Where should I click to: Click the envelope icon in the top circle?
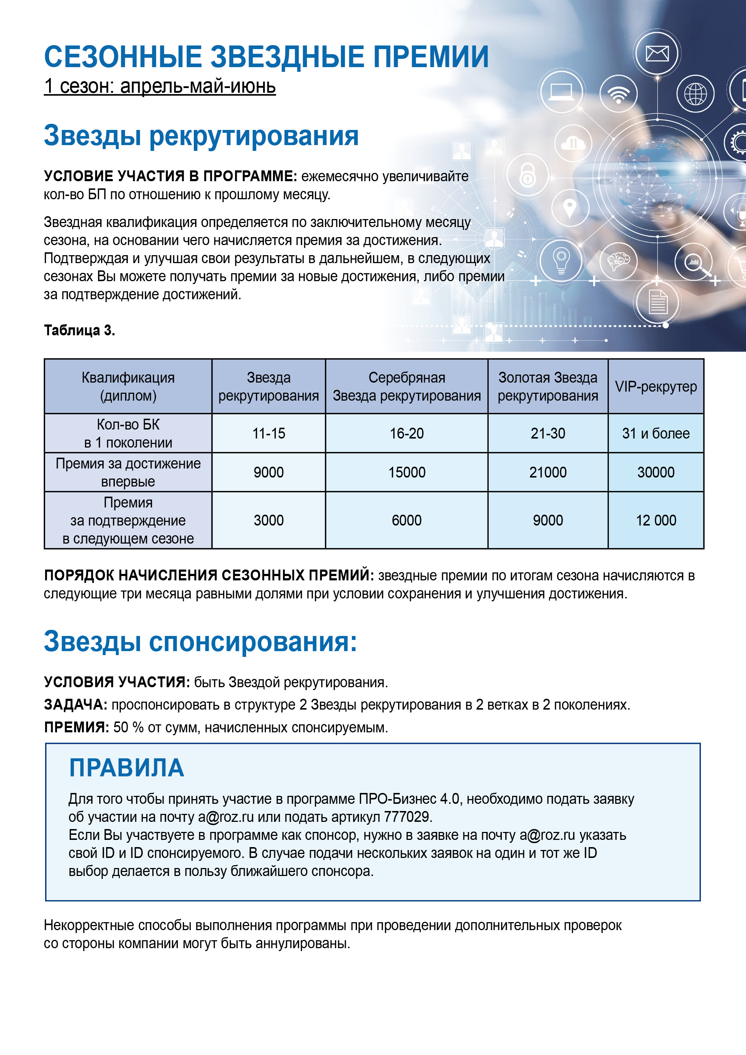[657, 54]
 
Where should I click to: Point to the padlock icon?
[528, 175]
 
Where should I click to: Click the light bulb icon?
[561, 261]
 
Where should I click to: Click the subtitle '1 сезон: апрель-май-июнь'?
[160, 86]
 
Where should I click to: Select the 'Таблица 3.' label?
[79, 330]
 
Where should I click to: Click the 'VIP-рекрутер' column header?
[655, 387]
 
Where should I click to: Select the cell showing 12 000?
[655, 520]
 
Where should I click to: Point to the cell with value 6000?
[406, 520]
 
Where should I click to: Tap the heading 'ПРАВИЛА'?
[126, 767]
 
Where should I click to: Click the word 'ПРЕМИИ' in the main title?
[431, 57]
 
